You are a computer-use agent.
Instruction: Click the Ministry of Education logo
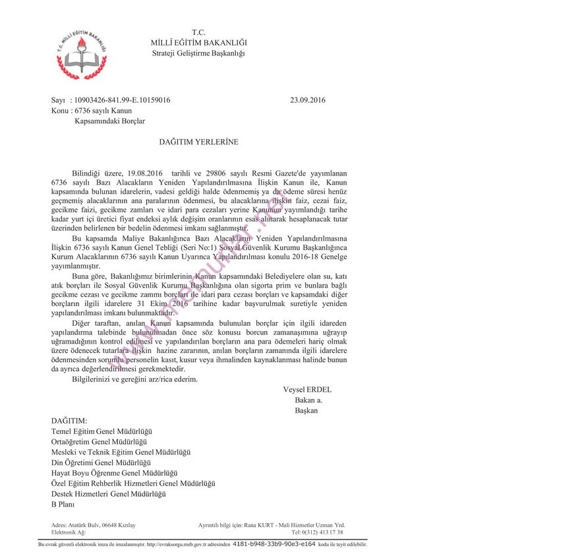tap(82, 54)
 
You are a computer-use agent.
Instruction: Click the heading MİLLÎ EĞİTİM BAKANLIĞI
tap(199, 43)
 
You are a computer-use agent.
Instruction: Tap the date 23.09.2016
tap(307, 100)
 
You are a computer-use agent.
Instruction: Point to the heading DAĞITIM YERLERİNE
tap(198, 142)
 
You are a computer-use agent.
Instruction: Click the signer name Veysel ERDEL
tap(307, 390)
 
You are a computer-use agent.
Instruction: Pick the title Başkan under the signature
tap(306, 411)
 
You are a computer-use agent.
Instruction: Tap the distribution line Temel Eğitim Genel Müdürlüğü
tap(101, 431)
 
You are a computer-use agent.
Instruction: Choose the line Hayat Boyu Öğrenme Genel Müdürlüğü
tap(115, 473)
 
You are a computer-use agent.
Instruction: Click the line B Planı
tap(63, 505)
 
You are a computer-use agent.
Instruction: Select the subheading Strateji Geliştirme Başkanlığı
tap(198, 53)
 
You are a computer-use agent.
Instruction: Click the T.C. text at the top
tap(198, 32)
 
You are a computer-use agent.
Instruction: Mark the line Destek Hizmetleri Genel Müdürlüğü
tap(108, 494)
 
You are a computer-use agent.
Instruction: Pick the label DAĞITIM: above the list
tap(69, 420)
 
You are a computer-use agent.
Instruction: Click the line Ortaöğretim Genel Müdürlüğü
tap(99, 441)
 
